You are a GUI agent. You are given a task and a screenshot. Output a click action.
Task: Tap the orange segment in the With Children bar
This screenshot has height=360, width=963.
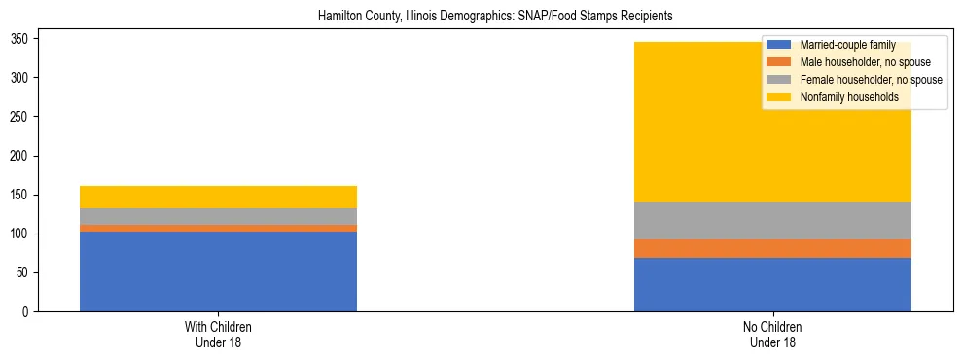click(218, 228)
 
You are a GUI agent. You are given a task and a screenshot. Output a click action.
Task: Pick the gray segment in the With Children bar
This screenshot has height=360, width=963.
click(218, 216)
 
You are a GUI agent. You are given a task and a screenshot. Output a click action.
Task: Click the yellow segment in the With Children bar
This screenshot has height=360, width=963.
click(218, 197)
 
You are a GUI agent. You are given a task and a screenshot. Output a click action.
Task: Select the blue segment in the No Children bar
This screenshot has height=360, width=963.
click(772, 284)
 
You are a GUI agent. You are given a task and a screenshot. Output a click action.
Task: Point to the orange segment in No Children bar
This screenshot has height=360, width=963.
click(772, 248)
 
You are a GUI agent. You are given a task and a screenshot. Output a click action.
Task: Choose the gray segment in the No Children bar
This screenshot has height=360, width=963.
click(772, 221)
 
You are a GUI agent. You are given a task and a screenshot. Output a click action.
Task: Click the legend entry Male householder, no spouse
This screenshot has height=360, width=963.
click(852, 62)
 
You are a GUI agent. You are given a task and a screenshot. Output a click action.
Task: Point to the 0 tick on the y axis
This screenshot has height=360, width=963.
click(29, 312)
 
